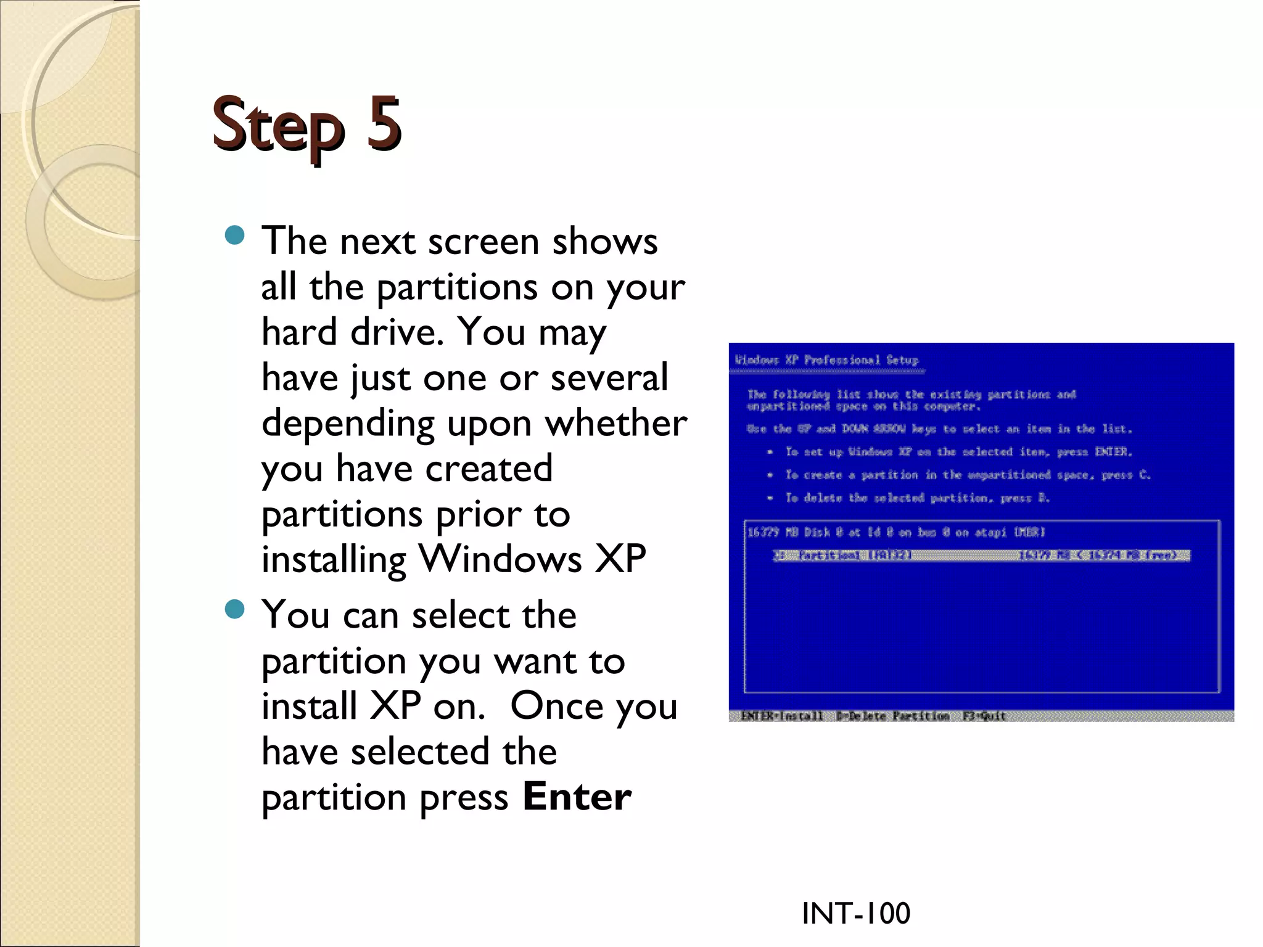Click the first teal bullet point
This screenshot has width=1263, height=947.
point(235,235)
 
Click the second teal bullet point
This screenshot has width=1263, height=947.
point(235,610)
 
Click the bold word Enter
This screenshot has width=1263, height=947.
point(577,797)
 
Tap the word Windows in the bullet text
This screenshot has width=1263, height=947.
point(500,559)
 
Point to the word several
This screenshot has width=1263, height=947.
point(609,377)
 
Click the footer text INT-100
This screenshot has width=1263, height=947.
point(855,913)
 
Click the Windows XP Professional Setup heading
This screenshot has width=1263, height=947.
point(826,360)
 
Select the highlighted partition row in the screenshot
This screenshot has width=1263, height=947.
point(981,555)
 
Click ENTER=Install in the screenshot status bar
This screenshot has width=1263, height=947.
point(781,716)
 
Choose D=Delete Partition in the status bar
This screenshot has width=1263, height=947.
point(892,716)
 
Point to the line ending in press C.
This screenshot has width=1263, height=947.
point(967,475)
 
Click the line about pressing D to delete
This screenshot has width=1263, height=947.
point(916,498)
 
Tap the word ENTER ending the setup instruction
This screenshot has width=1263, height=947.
point(1113,452)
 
